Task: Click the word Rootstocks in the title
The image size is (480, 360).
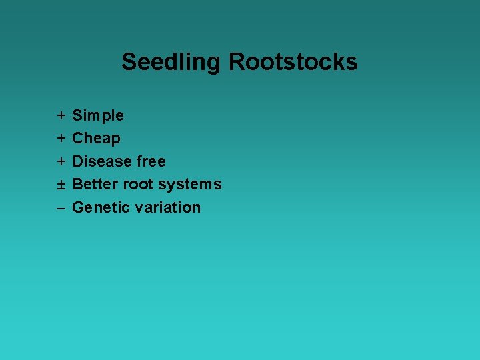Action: [x=293, y=62]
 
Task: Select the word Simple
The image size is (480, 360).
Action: [x=98, y=116]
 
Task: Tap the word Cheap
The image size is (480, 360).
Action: [x=96, y=139]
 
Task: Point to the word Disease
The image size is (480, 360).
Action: [x=101, y=161]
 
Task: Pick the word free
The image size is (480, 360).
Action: [x=151, y=161]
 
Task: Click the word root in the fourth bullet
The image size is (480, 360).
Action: [x=138, y=184]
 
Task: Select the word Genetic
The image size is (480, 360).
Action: [x=101, y=207]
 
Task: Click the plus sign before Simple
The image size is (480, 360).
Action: [x=61, y=116]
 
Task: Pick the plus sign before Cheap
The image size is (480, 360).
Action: [x=61, y=139]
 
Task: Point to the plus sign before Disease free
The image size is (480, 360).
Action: [x=61, y=161]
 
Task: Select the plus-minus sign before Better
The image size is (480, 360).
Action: [x=61, y=185]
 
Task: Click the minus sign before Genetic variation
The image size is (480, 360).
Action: [x=61, y=208]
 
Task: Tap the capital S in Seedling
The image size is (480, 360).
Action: [x=129, y=62]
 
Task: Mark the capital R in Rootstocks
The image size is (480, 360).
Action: [x=237, y=62]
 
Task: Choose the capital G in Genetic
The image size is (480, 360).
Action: [x=78, y=207]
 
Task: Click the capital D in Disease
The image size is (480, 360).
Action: [x=78, y=161]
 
